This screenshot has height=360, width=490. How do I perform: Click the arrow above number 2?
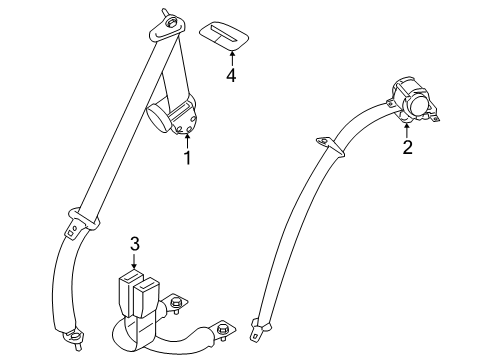(x=407, y=131)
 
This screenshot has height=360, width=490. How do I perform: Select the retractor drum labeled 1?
(x=163, y=118)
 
